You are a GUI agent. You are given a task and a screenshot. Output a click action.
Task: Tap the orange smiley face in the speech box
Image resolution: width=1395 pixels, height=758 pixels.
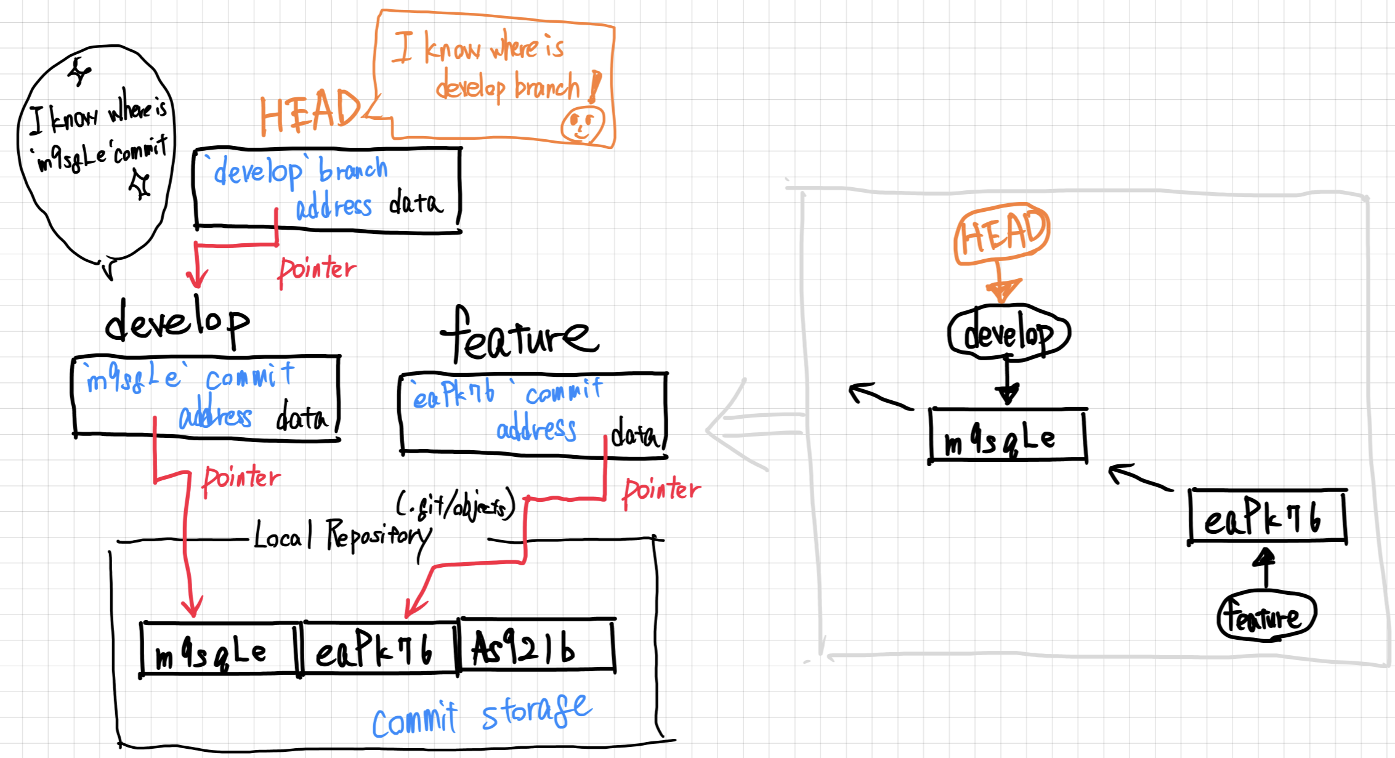tap(581, 124)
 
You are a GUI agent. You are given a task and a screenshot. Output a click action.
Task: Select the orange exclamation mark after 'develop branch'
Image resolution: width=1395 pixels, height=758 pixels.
tap(594, 86)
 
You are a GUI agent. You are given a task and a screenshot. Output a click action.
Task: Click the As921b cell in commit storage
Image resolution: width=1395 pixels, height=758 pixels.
tap(536, 647)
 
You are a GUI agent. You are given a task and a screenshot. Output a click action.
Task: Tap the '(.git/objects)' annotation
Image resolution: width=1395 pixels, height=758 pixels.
tap(456, 506)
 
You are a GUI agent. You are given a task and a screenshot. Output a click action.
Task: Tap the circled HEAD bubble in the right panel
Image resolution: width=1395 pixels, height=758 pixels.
tap(1002, 234)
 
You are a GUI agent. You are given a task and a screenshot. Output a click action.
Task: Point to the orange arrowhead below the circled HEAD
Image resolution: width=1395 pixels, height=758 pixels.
tap(1003, 290)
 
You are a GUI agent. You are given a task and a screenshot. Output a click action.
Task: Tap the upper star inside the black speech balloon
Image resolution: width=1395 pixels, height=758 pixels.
tap(79, 72)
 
